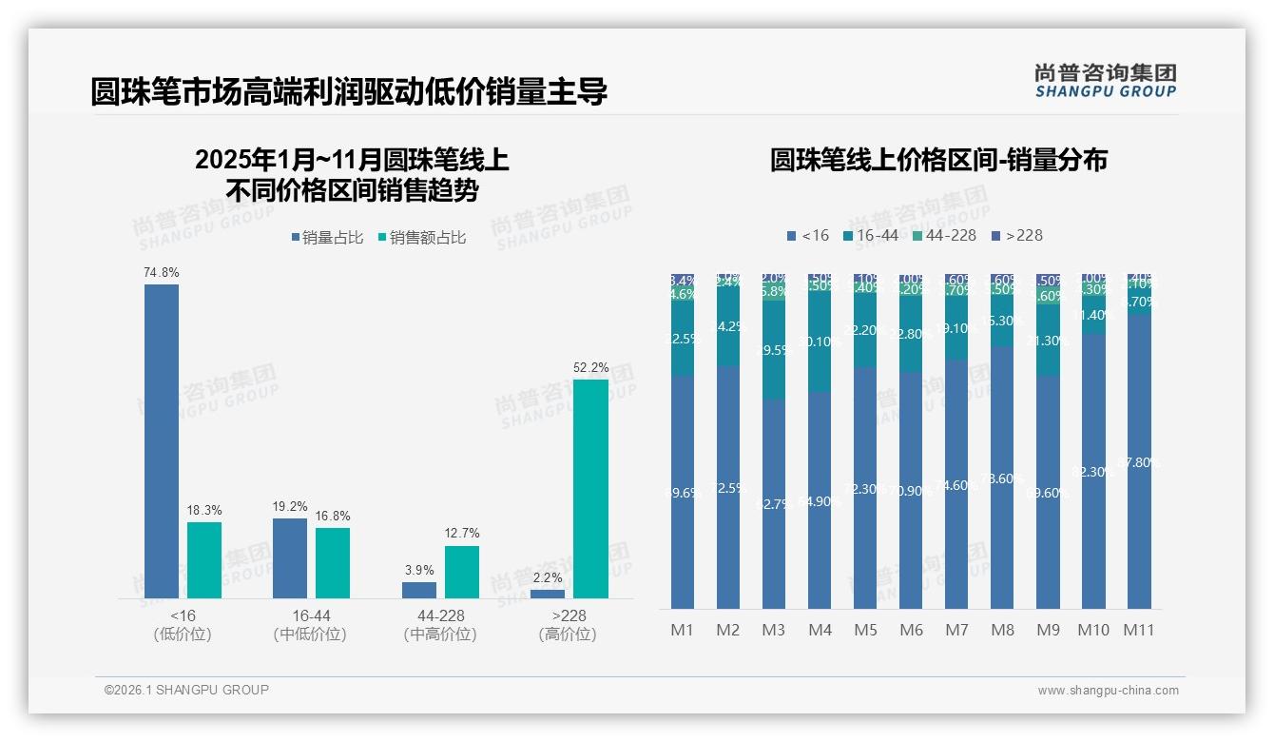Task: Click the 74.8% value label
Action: pyautogui.click(x=162, y=273)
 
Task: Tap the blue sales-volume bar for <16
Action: pyautogui.click(x=162, y=440)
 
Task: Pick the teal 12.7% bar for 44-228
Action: pyautogui.click(x=462, y=572)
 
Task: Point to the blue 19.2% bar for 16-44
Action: pyautogui.click(x=290, y=557)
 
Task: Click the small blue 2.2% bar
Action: pyautogui.click(x=548, y=594)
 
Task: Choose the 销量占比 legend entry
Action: pyautogui.click(x=327, y=238)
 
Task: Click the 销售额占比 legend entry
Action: pyautogui.click(x=422, y=238)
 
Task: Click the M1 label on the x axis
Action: pyautogui.click(x=683, y=630)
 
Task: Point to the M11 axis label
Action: pyautogui.click(x=1139, y=630)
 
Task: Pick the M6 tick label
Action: pyautogui.click(x=911, y=630)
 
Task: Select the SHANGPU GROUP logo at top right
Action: pyautogui.click(x=1105, y=81)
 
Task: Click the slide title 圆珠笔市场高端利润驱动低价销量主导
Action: pyautogui.click(x=348, y=92)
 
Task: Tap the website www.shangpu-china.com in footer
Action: pyautogui.click(x=1108, y=691)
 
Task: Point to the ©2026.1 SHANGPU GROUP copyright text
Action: pyautogui.click(x=186, y=690)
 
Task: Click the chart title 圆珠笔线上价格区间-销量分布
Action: pyautogui.click(x=938, y=160)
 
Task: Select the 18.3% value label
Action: pyautogui.click(x=204, y=511)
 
